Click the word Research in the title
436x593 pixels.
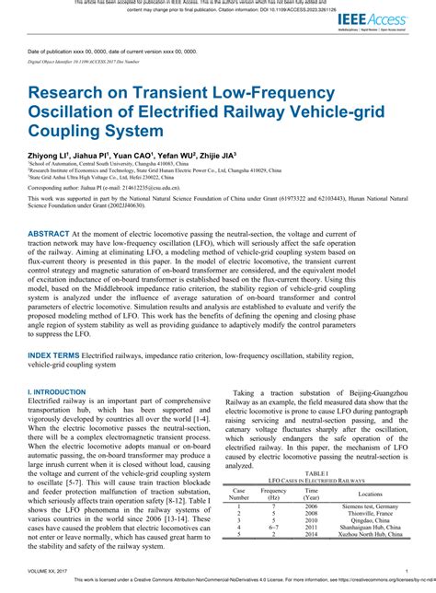(x=66, y=93)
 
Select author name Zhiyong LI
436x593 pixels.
(x=53, y=156)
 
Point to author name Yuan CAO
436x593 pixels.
(x=129, y=156)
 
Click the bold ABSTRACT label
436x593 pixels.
(x=49, y=235)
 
